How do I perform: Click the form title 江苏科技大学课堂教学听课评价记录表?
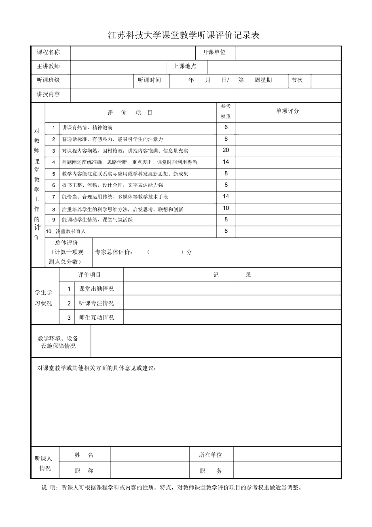click(x=184, y=36)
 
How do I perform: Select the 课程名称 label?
click(x=48, y=52)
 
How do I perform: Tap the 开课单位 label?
click(x=214, y=52)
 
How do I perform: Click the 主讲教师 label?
click(x=48, y=66)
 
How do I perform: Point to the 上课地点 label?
click(x=185, y=66)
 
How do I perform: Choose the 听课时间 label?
click(x=149, y=80)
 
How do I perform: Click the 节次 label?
click(x=297, y=80)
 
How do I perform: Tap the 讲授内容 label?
click(x=48, y=94)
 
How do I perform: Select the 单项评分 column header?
click(x=287, y=111)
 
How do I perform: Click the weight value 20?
click(x=226, y=150)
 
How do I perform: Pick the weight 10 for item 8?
click(x=226, y=208)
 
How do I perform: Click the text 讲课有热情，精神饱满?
click(x=87, y=128)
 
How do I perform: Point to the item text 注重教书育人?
click(x=71, y=232)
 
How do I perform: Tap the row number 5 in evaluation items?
click(x=53, y=174)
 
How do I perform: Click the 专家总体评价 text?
click(x=114, y=252)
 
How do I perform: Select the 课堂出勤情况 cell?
click(x=96, y=289)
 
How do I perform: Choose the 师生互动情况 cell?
click(x=96, y=318)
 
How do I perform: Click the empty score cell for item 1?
click(x=288, y=128)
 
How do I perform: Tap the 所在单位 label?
click(x=210, y=455)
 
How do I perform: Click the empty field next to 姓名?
click(x=150, y=455)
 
